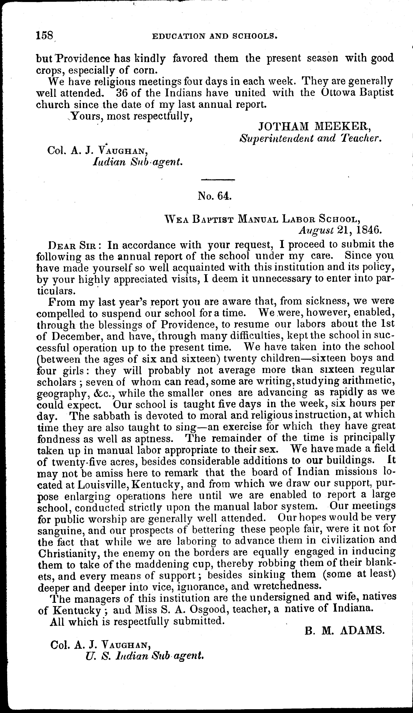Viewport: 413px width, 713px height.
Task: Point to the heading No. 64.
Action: [x=215, y=196]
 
